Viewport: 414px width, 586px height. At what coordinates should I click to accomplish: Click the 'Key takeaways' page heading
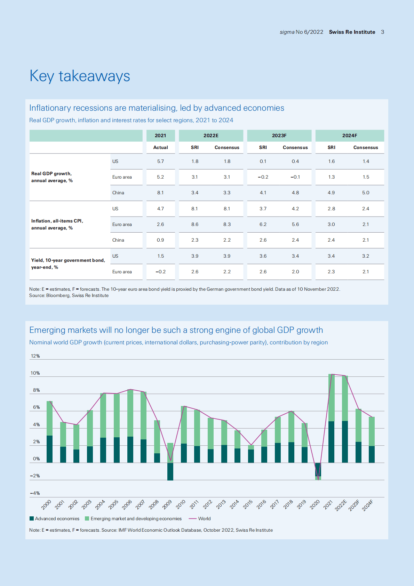coord(80,76)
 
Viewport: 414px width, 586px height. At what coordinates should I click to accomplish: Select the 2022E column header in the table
coord(211,135)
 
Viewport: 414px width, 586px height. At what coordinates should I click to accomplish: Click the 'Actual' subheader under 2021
coord(160,148)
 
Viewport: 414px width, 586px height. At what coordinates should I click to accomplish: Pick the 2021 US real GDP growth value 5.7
coord(160,162)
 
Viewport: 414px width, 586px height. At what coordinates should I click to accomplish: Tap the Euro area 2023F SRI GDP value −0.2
coord(263,177)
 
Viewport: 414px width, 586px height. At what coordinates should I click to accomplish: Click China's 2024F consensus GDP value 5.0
coord(366,193)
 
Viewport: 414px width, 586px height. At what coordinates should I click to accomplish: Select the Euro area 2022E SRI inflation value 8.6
coord(195,225)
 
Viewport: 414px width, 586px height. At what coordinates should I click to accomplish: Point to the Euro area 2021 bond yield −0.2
coord(160,272)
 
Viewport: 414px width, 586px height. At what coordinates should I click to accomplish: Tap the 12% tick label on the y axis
coord(35,356)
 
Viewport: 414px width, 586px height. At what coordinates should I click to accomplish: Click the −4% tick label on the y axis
coord(35,493)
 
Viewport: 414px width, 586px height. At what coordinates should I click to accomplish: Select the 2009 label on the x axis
coord(167,504)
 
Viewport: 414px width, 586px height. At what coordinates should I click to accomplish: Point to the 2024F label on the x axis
coord(368,505)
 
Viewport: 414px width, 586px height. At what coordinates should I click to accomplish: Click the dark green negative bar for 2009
coord(170,471)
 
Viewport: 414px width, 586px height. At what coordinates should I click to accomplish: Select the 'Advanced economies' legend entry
coord(55,519)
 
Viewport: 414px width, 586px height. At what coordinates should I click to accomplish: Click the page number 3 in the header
coord(382,32)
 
